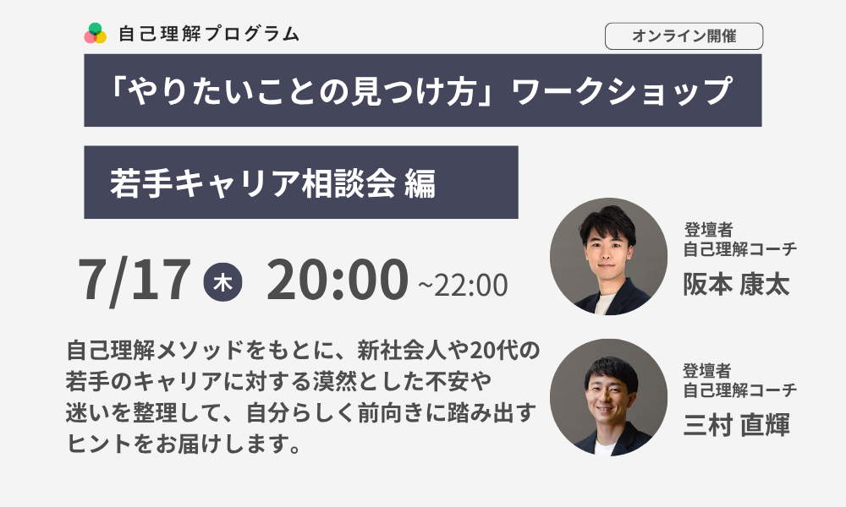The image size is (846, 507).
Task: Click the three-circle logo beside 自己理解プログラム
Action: [x=96, y=34]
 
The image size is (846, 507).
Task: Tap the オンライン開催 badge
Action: [x=684, y=36]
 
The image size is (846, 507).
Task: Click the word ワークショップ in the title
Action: [x=621, y=90]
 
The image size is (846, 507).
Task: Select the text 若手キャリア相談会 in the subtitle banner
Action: [x=253, y=183]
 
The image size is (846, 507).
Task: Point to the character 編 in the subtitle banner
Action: [x=420, y=183]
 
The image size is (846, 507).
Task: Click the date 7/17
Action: [x=135, y=280]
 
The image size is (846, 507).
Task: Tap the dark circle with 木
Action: [x=222, y=281]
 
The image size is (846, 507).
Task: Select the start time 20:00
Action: [x=338, y=279]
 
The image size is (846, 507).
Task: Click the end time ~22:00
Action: [x=463, y=285]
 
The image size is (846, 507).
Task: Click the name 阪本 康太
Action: [x=736, y=284]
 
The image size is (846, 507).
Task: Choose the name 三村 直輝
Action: [x=736, y=424]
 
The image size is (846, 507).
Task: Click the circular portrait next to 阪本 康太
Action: [x=608, y=257]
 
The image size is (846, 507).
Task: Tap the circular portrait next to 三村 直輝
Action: [x=608, y=397]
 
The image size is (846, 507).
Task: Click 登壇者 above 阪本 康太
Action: [x=708, y=230]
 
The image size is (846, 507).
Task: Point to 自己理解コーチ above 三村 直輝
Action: [x=739, y=390]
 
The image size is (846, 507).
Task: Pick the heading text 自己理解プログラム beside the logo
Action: [x=208, y=34]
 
